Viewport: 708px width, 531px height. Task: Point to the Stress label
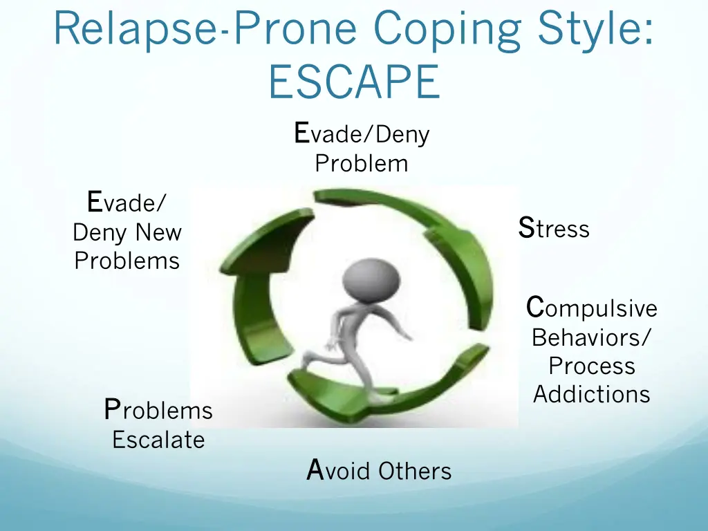[554, 228]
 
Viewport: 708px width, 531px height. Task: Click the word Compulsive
[591, 308]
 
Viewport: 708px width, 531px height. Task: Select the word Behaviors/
[591, 337]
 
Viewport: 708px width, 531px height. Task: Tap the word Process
[591, 366]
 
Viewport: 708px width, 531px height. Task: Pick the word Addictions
[591, 394]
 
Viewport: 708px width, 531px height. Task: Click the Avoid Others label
[379, 471]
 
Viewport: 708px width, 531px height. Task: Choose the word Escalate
[158, 440]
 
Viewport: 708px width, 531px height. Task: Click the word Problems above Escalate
[158, 410]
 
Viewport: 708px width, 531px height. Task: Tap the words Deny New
[127, 232]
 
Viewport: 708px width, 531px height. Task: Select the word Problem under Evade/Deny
[361, 164]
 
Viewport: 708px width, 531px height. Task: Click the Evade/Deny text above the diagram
[361, 133]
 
